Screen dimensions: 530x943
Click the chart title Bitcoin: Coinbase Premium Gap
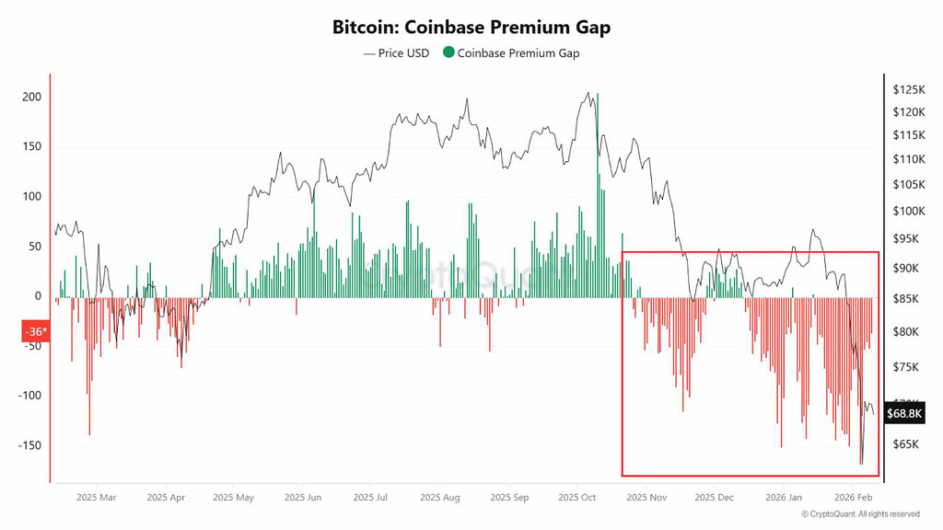(471, 28)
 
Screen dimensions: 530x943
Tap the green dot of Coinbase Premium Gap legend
(448, 52)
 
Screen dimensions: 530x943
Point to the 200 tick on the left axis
(31, 98)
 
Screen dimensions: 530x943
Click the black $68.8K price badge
(903, 413)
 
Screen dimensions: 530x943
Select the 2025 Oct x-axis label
(576, 497)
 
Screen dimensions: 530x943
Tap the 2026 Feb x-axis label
(852, 497)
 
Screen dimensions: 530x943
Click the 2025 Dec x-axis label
(714, 497)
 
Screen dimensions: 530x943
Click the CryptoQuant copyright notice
(860, 514)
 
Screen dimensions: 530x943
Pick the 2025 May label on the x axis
(232, 497)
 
